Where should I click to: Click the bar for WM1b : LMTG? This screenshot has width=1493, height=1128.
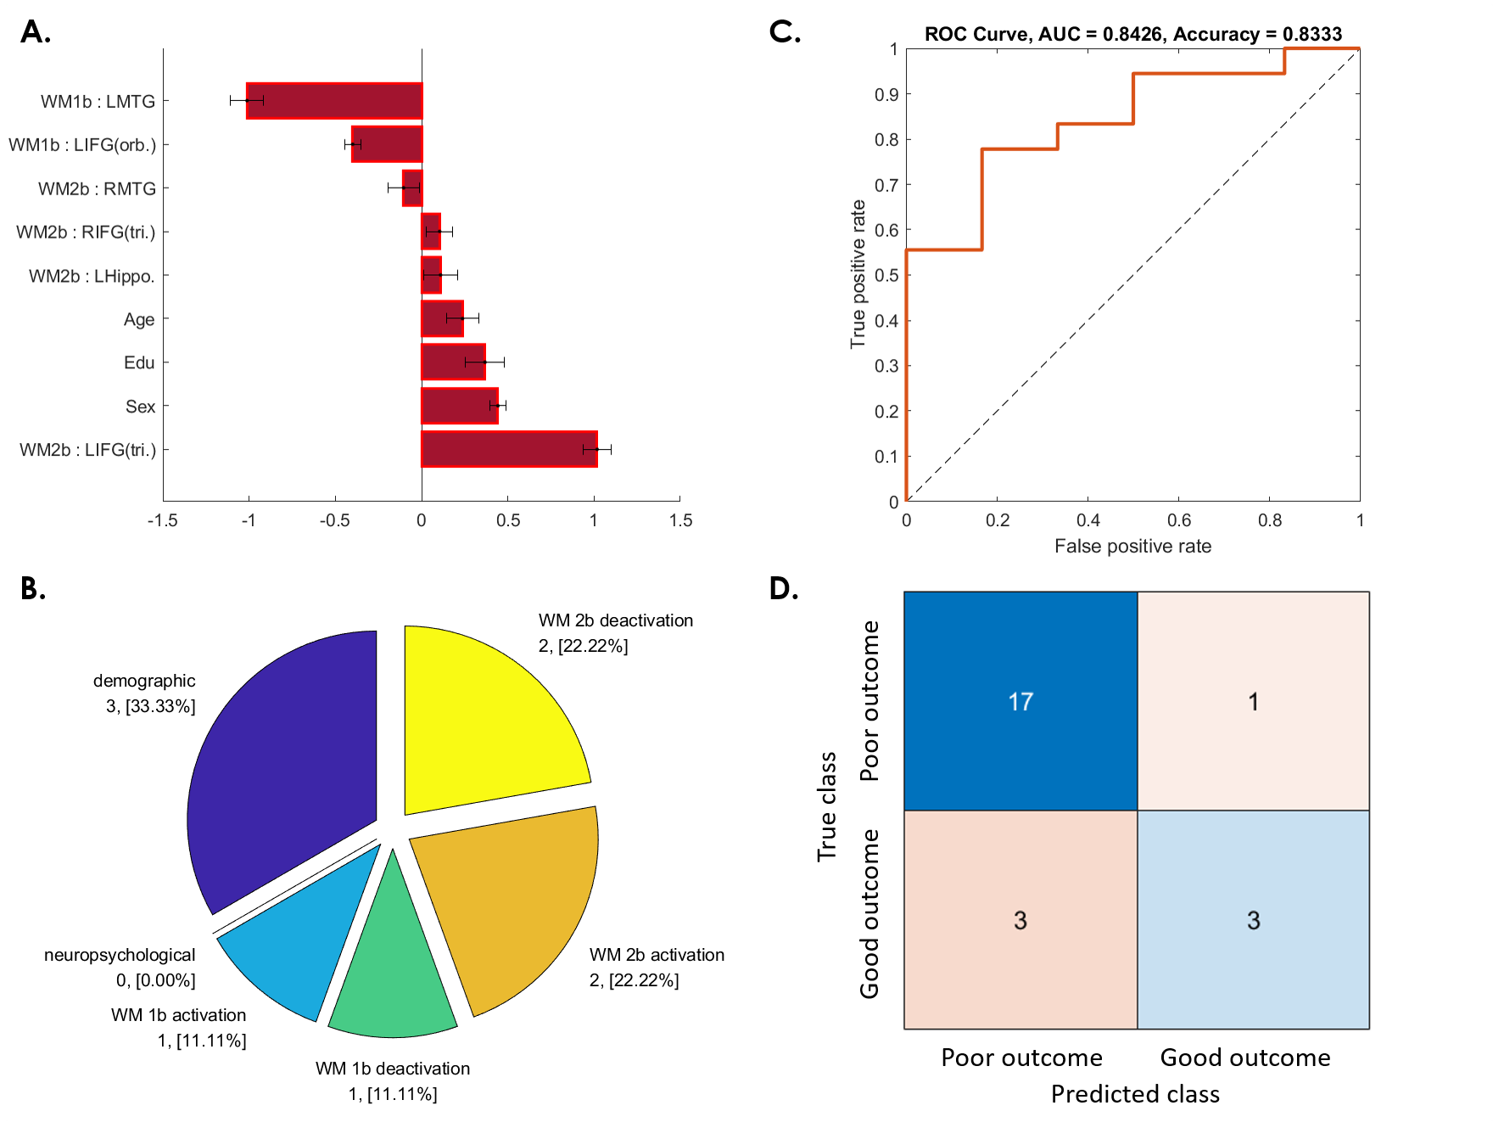coord(334,101)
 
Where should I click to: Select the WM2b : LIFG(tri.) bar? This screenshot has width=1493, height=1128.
coord(509,449)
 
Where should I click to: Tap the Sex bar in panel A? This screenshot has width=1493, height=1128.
coord(460,406)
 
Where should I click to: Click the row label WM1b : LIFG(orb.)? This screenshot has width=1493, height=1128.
coord(82,145)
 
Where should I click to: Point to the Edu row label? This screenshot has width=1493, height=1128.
coord(139,363)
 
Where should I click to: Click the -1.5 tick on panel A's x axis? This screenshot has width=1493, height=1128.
coord(162,520)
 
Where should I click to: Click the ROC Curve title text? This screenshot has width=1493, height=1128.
coord(1133,34)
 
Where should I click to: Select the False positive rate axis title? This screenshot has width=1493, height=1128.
coord(1132,546)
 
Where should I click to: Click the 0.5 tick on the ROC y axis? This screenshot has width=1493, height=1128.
coord(886,275)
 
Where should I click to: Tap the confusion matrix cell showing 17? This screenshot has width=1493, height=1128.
coord(1020,701)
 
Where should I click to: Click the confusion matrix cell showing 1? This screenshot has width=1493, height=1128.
coord(1253,701)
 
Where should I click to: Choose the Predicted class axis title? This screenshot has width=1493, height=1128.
coord(1135,1094)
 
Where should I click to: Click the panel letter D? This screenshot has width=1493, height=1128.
coord(783,588)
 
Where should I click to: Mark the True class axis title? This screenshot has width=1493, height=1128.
coord(826,806)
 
